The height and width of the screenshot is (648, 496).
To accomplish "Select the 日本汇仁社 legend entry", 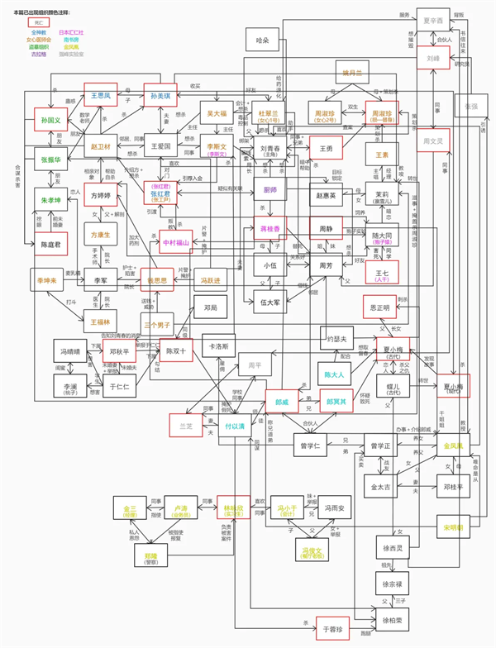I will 72,31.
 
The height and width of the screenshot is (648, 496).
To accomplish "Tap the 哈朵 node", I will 264,39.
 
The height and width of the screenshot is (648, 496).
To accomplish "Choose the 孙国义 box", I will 51,121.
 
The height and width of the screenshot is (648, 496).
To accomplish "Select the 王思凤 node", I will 101,96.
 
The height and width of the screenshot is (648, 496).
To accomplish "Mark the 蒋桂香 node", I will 269,228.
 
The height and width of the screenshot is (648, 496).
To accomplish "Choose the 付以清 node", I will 235,426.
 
